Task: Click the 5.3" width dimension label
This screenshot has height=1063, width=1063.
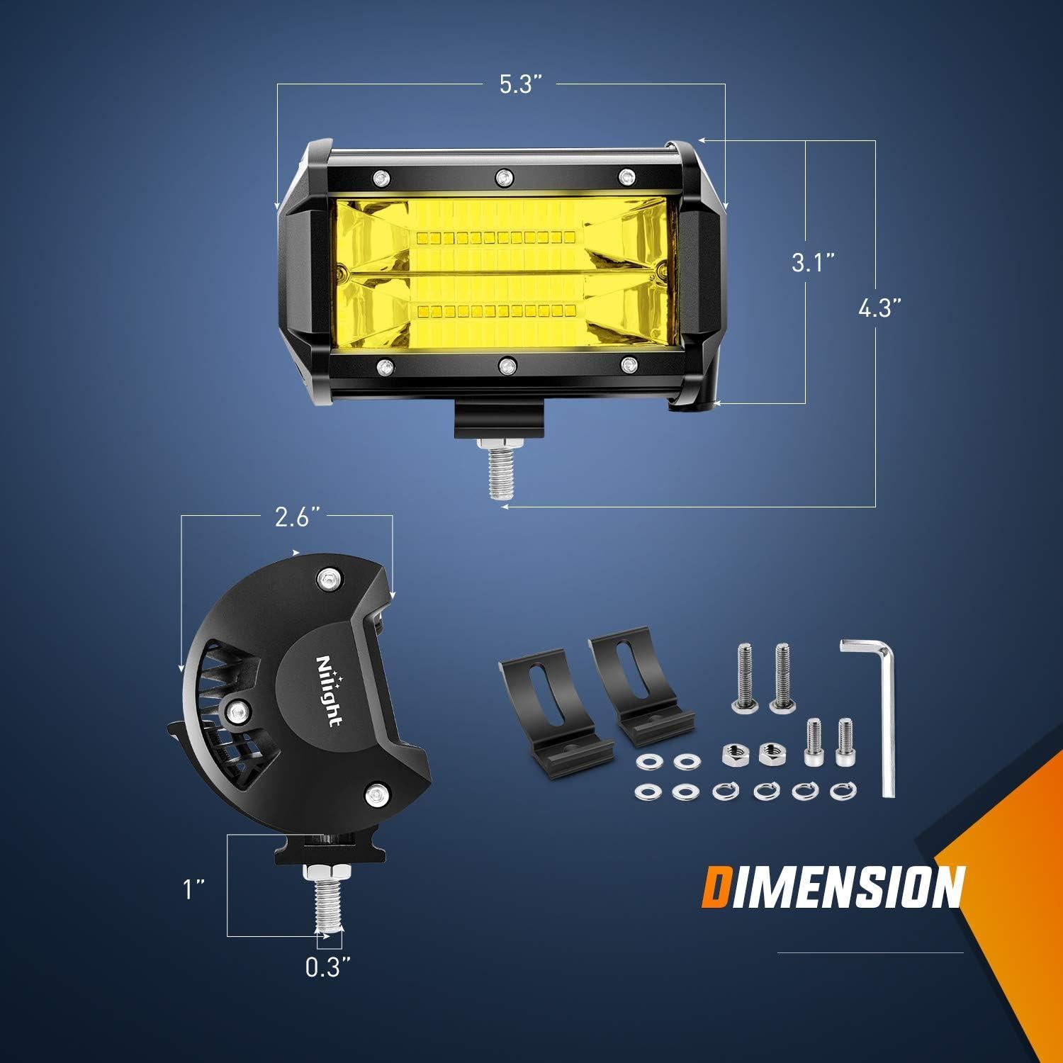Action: click(x=521, y=84)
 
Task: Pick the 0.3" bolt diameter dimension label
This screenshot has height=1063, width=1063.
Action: click(x=328, y=967)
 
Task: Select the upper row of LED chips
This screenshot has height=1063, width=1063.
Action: click(x=499, y=235)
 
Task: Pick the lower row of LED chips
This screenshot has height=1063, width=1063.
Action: click(x=499, y=310)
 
